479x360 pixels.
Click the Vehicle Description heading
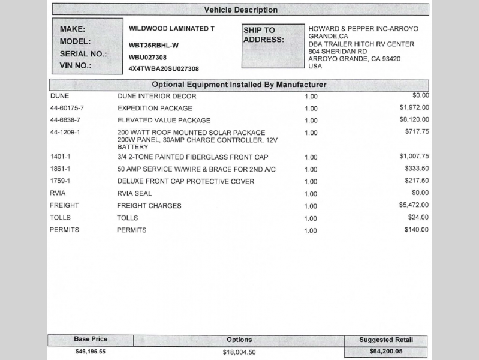[x=240, y=10]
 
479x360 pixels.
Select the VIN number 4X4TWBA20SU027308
[x=164, y=69]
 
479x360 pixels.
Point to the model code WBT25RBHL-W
[x=153, y=45]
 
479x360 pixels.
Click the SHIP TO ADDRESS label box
[x=273, y=46]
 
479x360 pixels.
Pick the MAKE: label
[x=73, y=29]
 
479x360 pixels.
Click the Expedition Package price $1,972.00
[x=414, y=107]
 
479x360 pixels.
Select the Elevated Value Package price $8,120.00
[x=414, y=119]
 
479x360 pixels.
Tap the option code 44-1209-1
[x=65, y=132]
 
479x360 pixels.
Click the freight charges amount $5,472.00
[x=414, y=205]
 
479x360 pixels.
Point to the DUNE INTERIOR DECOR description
[x=156, y=96]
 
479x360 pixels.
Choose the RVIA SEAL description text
[x=134, y=193]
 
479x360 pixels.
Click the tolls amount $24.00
[x=418, y=217]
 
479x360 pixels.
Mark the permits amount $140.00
[x=417, y=230]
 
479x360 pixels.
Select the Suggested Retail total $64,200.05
[x=386, y=352]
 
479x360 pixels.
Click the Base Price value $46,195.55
[x=91, y=352]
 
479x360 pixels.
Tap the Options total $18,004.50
[x=239, y=352]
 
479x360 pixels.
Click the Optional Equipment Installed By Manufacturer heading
[x=239, y=85]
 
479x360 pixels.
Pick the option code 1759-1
[x=60, y=181]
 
